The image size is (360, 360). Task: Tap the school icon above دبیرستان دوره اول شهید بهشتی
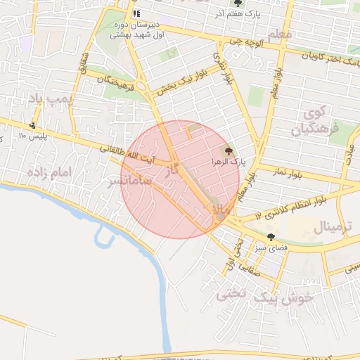[x=136, y=13]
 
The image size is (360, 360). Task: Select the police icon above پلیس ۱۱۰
[x=32, y=126]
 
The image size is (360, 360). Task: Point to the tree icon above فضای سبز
[x=271, y=237]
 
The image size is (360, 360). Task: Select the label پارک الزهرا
[x=229, y=162]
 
